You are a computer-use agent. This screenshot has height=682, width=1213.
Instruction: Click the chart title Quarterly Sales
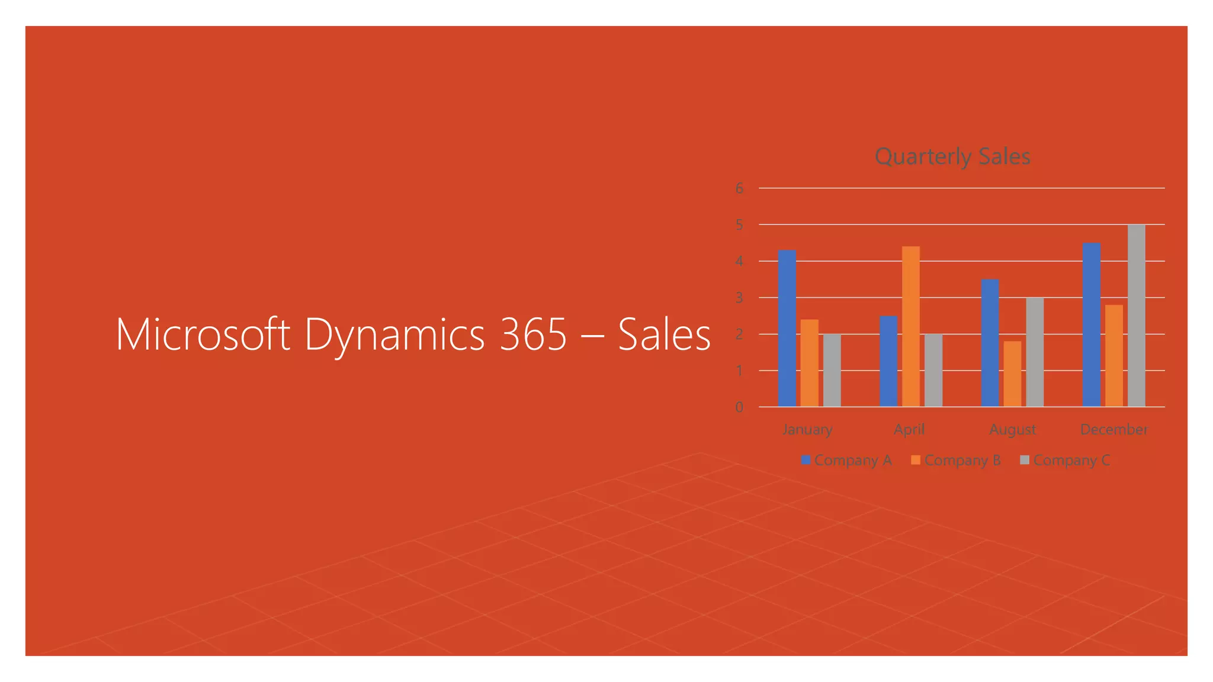tap(952, 157)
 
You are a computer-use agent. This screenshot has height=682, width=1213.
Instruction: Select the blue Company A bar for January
tap(787, 329)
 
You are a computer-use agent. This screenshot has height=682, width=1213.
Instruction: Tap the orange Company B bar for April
tap(911, 327)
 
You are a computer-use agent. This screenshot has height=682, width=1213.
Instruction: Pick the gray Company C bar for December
tap(1136, 316)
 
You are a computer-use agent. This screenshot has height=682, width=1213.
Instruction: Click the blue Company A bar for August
tap(990, 343)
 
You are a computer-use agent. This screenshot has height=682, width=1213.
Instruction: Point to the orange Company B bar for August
tap(1012, 374)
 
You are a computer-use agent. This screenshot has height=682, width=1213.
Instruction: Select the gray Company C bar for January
tap(832, 371)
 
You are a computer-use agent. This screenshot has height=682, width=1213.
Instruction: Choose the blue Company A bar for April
tap(888, 361)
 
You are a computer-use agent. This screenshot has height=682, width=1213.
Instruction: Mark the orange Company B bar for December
tap(1113, 356)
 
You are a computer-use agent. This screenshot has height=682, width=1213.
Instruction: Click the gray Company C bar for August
tap(1035, 352)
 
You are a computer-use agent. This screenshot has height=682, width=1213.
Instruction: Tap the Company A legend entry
tap(847, 461)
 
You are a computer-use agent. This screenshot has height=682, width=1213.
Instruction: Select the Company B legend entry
tap(957, 461)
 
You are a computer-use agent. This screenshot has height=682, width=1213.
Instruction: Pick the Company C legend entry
tap(1066, 461)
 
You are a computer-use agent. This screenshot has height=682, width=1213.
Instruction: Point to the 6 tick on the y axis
tap(739, 188)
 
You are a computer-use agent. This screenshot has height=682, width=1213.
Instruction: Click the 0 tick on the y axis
tap(739, 407)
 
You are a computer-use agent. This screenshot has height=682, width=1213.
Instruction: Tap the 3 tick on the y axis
tap(739, 298)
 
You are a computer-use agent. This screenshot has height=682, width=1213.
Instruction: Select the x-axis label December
tap(1113, 429)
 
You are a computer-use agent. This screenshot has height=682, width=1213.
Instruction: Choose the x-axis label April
tap(909, 429)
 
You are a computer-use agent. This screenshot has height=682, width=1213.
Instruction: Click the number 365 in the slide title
tap(533, 335)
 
